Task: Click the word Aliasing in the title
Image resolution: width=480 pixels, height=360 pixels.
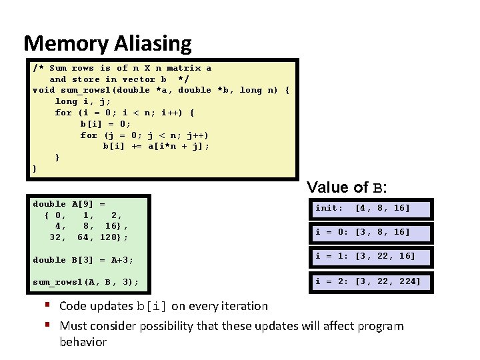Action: click(x=153, y=44)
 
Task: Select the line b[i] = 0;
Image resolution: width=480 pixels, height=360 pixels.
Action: click(x=105, y=124)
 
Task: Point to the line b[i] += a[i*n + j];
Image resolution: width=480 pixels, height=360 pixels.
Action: click(x=155, y=147)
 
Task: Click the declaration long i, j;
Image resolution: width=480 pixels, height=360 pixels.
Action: click(x=83, y=101)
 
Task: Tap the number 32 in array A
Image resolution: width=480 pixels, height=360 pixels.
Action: click(x=57, y=237)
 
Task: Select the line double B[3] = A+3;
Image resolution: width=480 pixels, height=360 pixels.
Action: click(x=83, y=260)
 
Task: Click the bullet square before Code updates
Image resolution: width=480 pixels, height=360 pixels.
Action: click(x=49, y=306)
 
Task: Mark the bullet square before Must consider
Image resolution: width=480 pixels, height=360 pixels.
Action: click(x=49, y=325)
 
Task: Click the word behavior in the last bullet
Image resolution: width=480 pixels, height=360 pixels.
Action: click(x=83, y=342)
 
